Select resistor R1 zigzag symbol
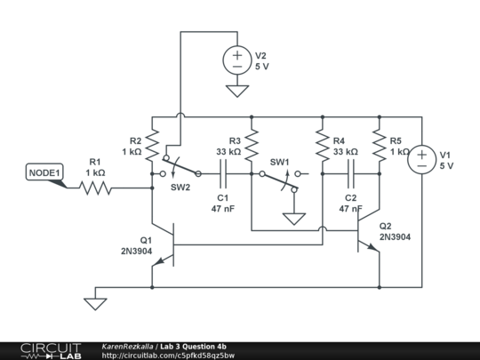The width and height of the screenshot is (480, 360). click(x=96, y=188)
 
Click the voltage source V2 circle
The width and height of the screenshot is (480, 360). click(x=237, y=60)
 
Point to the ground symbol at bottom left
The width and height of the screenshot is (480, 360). click(x=94, y=304)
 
